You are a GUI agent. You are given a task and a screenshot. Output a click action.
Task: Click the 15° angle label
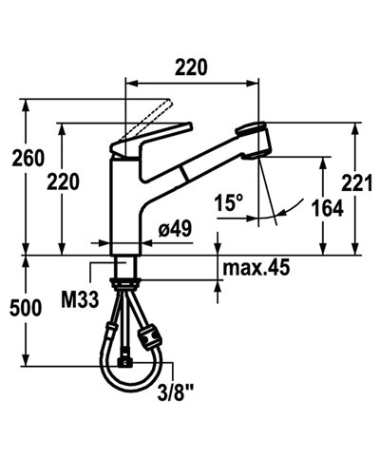[228, 201]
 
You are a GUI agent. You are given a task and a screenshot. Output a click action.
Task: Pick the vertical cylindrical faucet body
[124, 204]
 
